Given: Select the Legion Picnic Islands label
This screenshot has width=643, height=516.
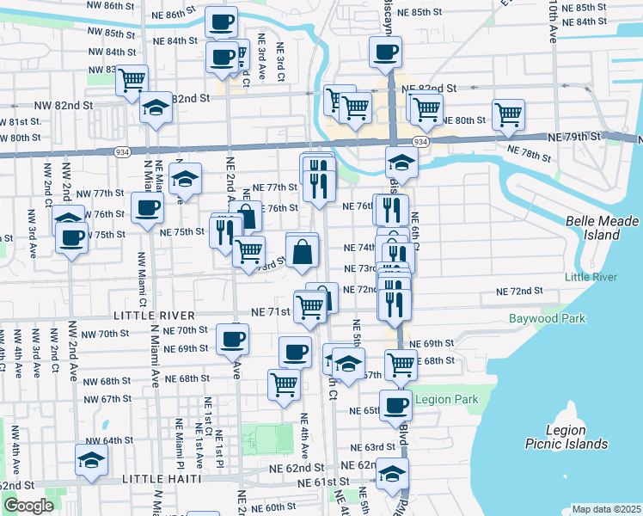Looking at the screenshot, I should click(x=566, y=437).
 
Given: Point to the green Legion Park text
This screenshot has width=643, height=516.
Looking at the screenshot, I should click(x=445, y=400).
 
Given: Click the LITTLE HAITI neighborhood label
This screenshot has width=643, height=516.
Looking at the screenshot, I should click(x=162, y=478).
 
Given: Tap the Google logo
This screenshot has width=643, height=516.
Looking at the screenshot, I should click(x=28, y=505).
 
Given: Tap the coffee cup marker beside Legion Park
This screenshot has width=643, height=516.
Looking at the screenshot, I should click(x=395, y=404).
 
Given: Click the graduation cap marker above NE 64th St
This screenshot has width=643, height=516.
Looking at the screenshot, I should click(x=91, y=459).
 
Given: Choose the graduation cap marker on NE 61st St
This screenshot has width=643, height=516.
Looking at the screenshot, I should click(x=392, y=474).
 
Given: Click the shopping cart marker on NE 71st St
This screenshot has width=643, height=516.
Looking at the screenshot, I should click(x=309, y=305).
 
